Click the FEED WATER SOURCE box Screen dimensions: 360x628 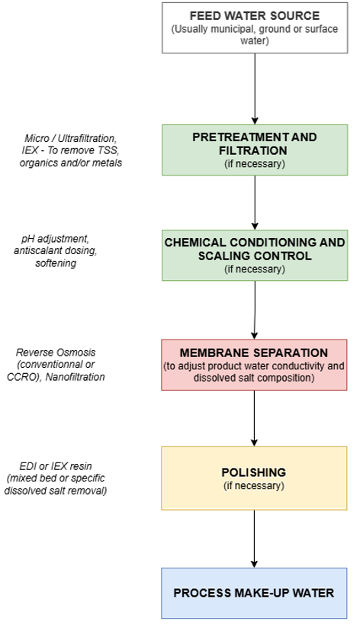[x=255, y=27]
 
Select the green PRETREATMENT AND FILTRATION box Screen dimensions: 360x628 [x=255, y=150]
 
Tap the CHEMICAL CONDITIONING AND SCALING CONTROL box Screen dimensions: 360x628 [x=255, y=255]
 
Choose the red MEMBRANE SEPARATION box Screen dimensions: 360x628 [x=254, y=365]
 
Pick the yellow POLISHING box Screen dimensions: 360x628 [x=254, y=478]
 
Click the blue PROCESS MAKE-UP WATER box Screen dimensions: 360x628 [x=254, y=593]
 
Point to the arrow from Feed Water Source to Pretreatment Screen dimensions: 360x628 [x=255, y=89]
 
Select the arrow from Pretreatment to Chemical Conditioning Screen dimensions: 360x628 [x=255, y=203]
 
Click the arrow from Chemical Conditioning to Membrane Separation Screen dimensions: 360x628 [x=255, y=310]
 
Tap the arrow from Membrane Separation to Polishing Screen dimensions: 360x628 [x=254, y=418]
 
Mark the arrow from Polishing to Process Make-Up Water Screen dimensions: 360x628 [x=254, y=539]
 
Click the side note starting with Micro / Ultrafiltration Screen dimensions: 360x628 [x=71, y=150]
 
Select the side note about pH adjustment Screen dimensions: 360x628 [x=56, y=251]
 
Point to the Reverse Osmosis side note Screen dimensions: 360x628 [x=56, y=365]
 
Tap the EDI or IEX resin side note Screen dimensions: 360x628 [x=56, y=478]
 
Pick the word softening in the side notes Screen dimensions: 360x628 [x=56, y=263]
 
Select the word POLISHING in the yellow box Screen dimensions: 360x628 [x=254, y=472]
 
